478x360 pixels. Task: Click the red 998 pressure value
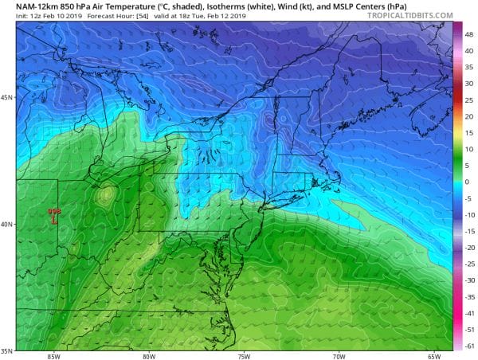pyautogui.click(x=54, y=210)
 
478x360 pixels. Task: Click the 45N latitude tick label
pyautogui.click(x=6, y=98)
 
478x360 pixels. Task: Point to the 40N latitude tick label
pyautogui.click(x=6, y=224)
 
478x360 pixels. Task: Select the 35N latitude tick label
pyautogui.click(x=6, y=350)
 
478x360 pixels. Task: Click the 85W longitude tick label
pyautogui.click(x=55, y=355)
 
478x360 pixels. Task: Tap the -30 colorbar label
pyautogui.click(x=470, y=280)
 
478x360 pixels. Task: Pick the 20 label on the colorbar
pyautogui.click(x=469, y=115)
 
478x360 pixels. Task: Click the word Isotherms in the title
pyautogui.click(x=197, y=6)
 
